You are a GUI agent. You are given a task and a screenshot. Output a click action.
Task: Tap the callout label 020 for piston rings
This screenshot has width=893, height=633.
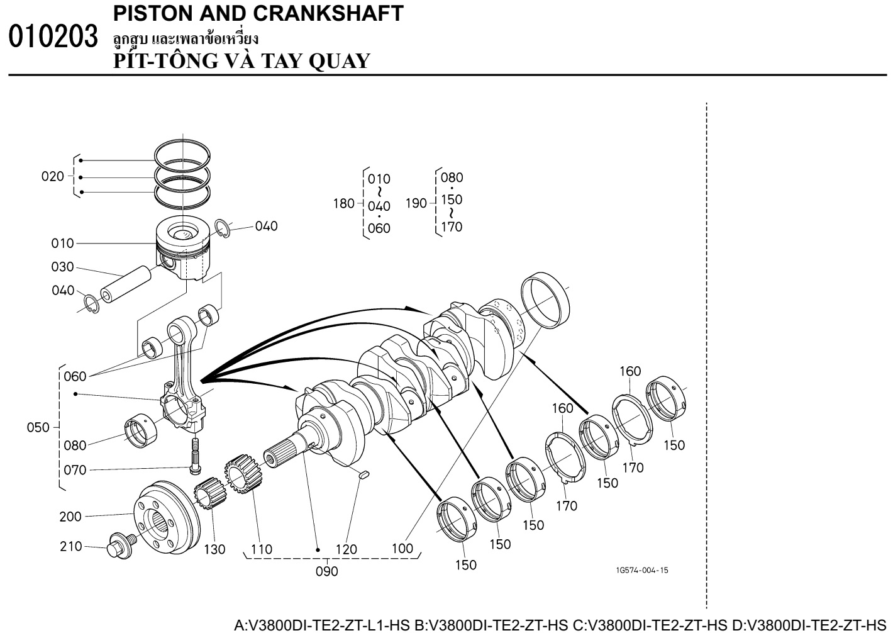pyautogui.click(x=53, y=177)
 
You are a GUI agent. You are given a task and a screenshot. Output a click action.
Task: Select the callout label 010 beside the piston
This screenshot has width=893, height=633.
pyautogui.click(x=62, y=244)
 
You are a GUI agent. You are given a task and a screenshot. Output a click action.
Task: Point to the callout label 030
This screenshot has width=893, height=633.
pyautogui.click(x=62, y=267)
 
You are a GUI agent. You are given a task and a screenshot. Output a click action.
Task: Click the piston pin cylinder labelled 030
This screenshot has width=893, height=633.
pyautogui.click(x=125, y=285)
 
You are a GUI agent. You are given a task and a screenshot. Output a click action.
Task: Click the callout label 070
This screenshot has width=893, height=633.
pyautogui.click(x=75, y=470)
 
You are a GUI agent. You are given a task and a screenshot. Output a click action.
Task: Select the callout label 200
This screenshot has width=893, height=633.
pyautogui.click(x=70, y=517)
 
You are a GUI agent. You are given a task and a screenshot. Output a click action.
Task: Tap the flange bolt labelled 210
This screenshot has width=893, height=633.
pyautogui.click(x=118, y=545)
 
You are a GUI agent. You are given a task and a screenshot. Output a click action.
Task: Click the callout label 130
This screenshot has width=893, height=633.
pyautogui.click(x=214, y=549)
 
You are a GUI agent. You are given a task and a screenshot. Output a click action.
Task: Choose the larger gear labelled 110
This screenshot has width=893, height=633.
pyautogui.click(x=240, y=474)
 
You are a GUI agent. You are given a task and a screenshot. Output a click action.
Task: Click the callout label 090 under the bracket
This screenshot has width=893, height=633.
pyautogui.click(x=326, y=571)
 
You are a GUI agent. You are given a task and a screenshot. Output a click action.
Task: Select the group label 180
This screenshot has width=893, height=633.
pyautogui.click(x=344, y=204)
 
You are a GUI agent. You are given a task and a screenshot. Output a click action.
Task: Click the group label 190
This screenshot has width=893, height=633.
pyautogui.click(x=416, y=204)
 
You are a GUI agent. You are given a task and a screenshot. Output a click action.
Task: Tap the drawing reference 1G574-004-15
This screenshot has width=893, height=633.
pyautogui.click(x=642, y=570)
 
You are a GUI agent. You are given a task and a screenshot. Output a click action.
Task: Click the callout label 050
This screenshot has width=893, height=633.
pyautogui.click(x=38, y=428)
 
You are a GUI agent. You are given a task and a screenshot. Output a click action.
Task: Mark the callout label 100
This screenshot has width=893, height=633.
pyautogui.click(x=402, y=549)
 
